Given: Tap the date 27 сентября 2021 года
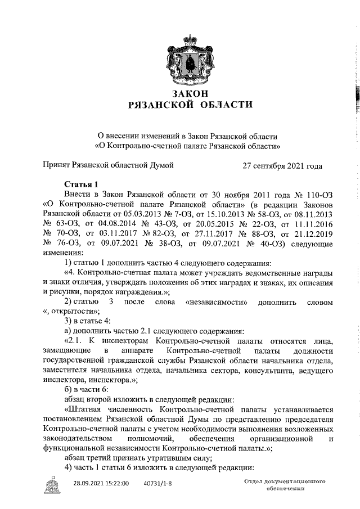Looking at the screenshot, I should pos(282,166).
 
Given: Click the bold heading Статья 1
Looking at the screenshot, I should pos(81,184).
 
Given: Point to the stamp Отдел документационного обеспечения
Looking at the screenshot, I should pos(286,485).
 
